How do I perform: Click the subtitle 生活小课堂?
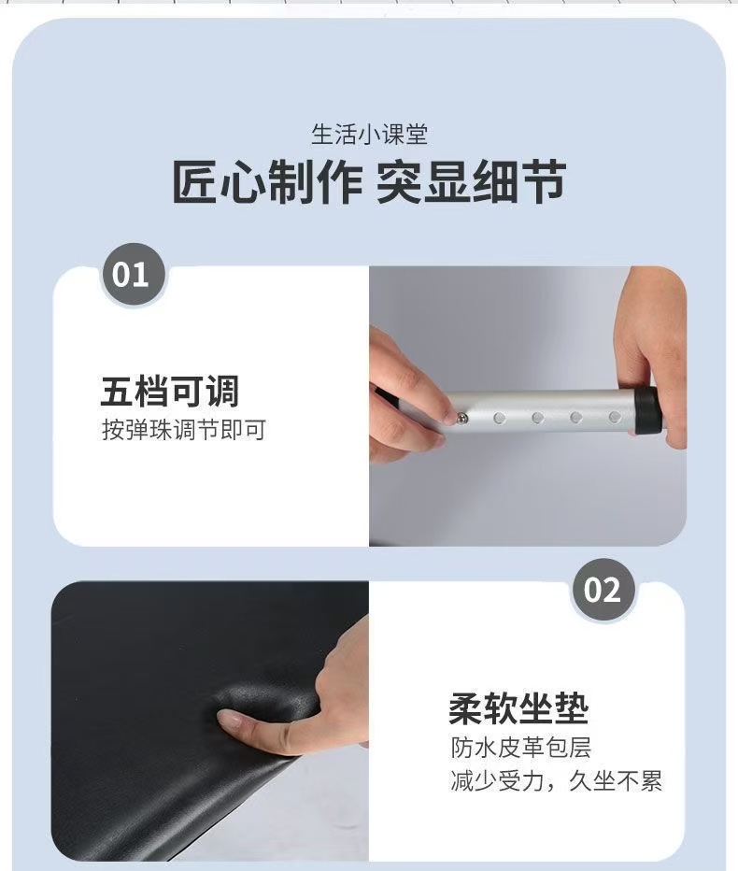point(369,135)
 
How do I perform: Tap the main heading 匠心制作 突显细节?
point(369,181)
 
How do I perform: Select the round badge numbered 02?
point(603,590)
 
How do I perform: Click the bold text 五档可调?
point(170,391)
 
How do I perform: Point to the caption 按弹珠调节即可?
point(184,429)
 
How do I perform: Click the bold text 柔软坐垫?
point(518,708)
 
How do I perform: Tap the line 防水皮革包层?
point(521,747)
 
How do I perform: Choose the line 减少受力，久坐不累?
point(557,781)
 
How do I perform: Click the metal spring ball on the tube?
point(462,418)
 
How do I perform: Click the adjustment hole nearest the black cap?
point(615,417)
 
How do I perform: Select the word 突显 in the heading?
point(424,181)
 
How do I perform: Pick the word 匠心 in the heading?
point(219,181)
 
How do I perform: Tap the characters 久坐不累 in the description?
point(616,781)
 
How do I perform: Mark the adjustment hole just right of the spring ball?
point(499,418)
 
